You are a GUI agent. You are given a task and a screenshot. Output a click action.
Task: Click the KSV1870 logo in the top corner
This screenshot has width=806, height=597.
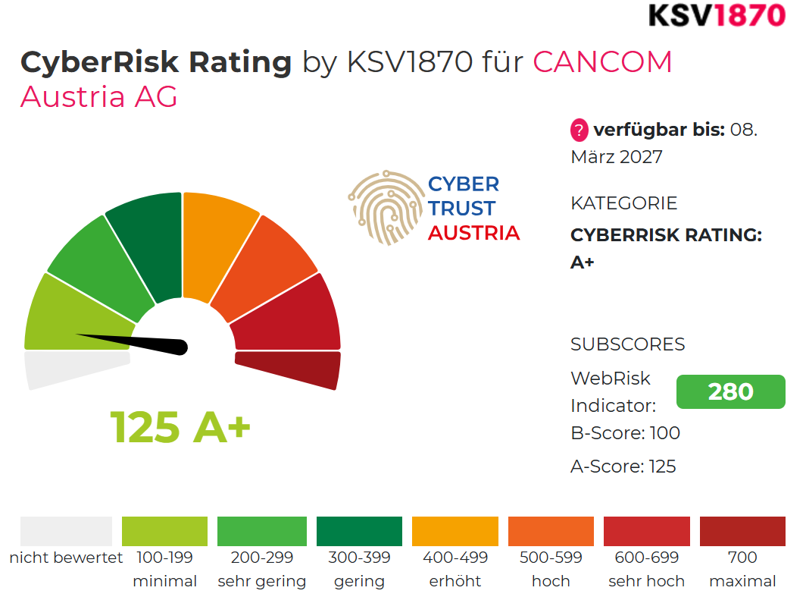coord(717,15)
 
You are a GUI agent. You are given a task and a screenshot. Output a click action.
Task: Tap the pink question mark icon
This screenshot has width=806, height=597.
coord(580,130)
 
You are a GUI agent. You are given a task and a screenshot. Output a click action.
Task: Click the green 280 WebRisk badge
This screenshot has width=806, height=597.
coord(730,391)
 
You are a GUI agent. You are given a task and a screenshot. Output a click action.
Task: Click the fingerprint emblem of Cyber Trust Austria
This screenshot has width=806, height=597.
coord(386,207)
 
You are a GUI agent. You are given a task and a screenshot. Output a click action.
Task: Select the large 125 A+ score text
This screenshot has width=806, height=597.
coord(180,427)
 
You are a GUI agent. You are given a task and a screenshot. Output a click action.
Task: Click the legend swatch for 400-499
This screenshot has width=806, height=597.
coord(455,531)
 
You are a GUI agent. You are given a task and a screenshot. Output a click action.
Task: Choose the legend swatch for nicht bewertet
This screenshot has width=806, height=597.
coord(67,531)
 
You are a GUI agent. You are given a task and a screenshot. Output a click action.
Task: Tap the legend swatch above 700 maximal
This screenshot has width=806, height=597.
coord(742,531)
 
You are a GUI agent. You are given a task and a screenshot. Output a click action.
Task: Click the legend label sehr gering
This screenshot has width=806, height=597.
coord(261,581)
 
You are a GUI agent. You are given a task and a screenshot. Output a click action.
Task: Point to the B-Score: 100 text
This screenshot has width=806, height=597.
coord(625,433)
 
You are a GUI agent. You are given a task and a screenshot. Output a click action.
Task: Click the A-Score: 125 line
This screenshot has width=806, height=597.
coord(623,467)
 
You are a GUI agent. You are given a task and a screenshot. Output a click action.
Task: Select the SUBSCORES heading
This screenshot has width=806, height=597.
coord(628,344)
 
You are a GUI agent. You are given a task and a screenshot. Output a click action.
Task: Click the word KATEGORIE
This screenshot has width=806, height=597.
coord(623,203)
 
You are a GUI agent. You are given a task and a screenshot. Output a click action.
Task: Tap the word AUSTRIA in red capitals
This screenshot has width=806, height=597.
coord(474,233)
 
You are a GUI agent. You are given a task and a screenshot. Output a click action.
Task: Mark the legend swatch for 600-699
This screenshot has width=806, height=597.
coord(646,531)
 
